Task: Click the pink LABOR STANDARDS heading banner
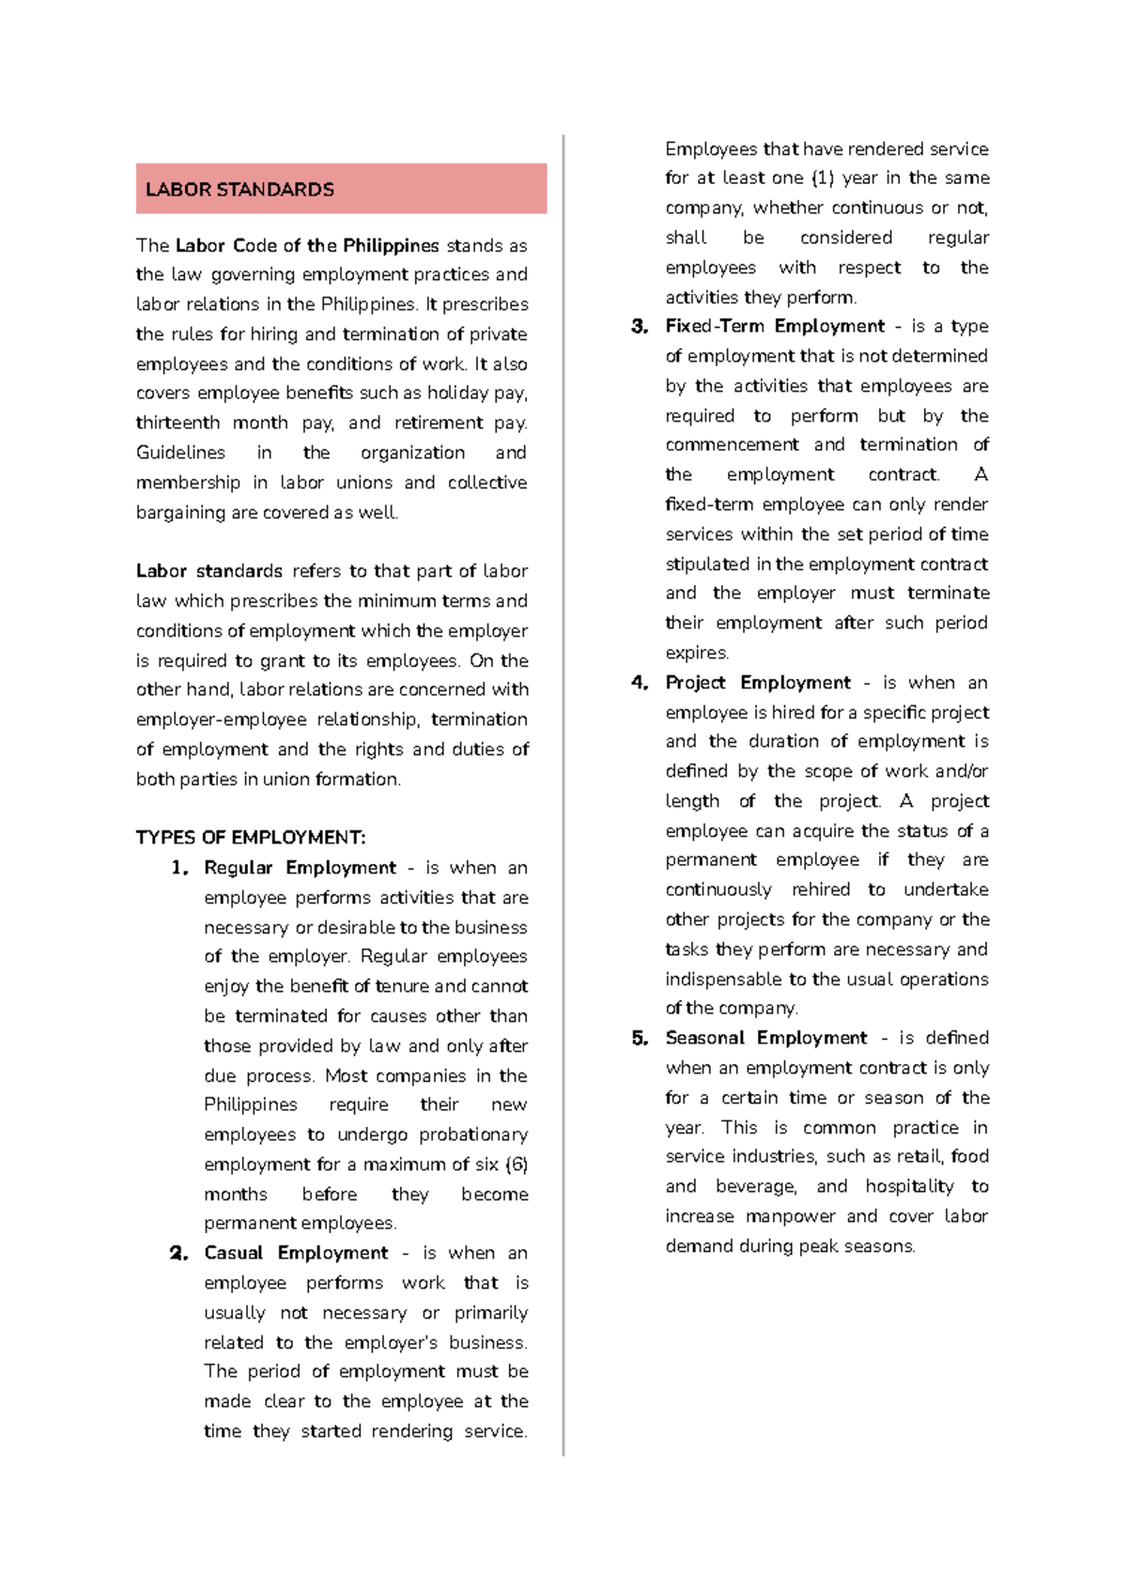click(x=341, y=189)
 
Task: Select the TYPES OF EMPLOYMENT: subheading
click(x=251, y=837)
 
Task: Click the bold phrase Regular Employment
click(x=300, y=867)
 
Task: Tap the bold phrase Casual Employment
click(x=296, y=1253)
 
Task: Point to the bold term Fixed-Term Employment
click(x=775, y=326)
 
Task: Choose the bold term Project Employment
click(x=758, y=683)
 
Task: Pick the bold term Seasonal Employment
click(x=766, y=1038)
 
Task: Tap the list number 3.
click(x=640, y=327)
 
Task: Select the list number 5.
click(x=640, y=1039)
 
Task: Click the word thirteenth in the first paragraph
click(x=178, y=423)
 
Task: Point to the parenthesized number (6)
click(x=517, y=1165)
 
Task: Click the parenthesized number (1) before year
click(x=823, y=178)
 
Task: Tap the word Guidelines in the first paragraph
click(x=180, y=453)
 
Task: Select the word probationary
click(x=473, y=1135)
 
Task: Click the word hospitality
click(x=909, y=1186)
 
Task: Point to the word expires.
click(x=697, y=653)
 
